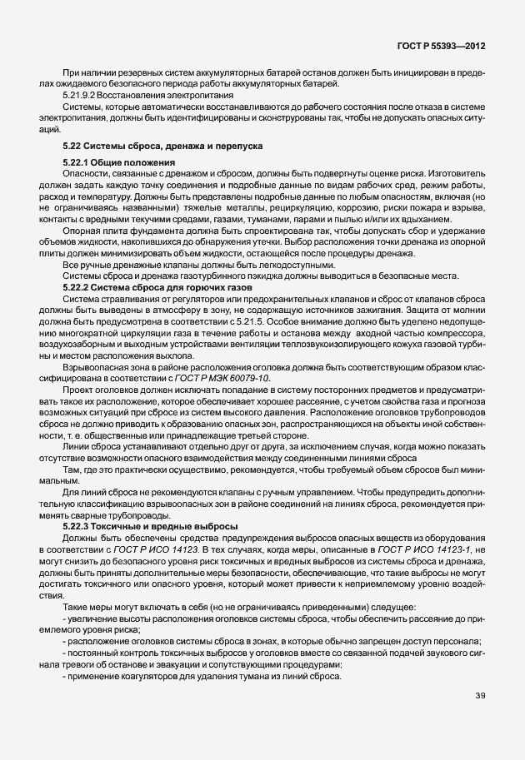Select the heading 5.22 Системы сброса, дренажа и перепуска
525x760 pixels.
coord(157,147)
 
